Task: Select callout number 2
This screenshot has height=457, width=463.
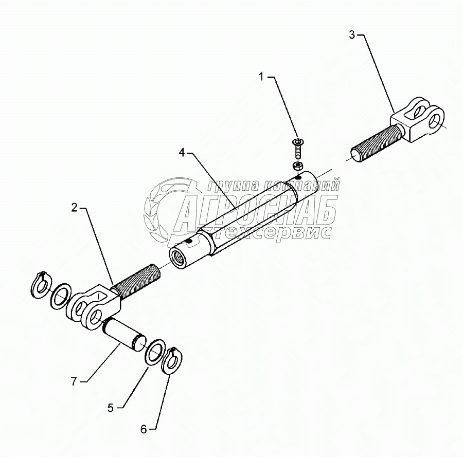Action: point(74,208)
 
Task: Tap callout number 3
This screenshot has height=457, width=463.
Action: point(352,35)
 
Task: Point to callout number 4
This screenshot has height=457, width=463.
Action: point(182,153)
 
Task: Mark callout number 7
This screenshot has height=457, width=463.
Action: point(75,381)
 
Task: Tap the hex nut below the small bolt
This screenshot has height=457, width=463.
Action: point(297,166)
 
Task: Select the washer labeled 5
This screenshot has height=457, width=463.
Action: point(155,352)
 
